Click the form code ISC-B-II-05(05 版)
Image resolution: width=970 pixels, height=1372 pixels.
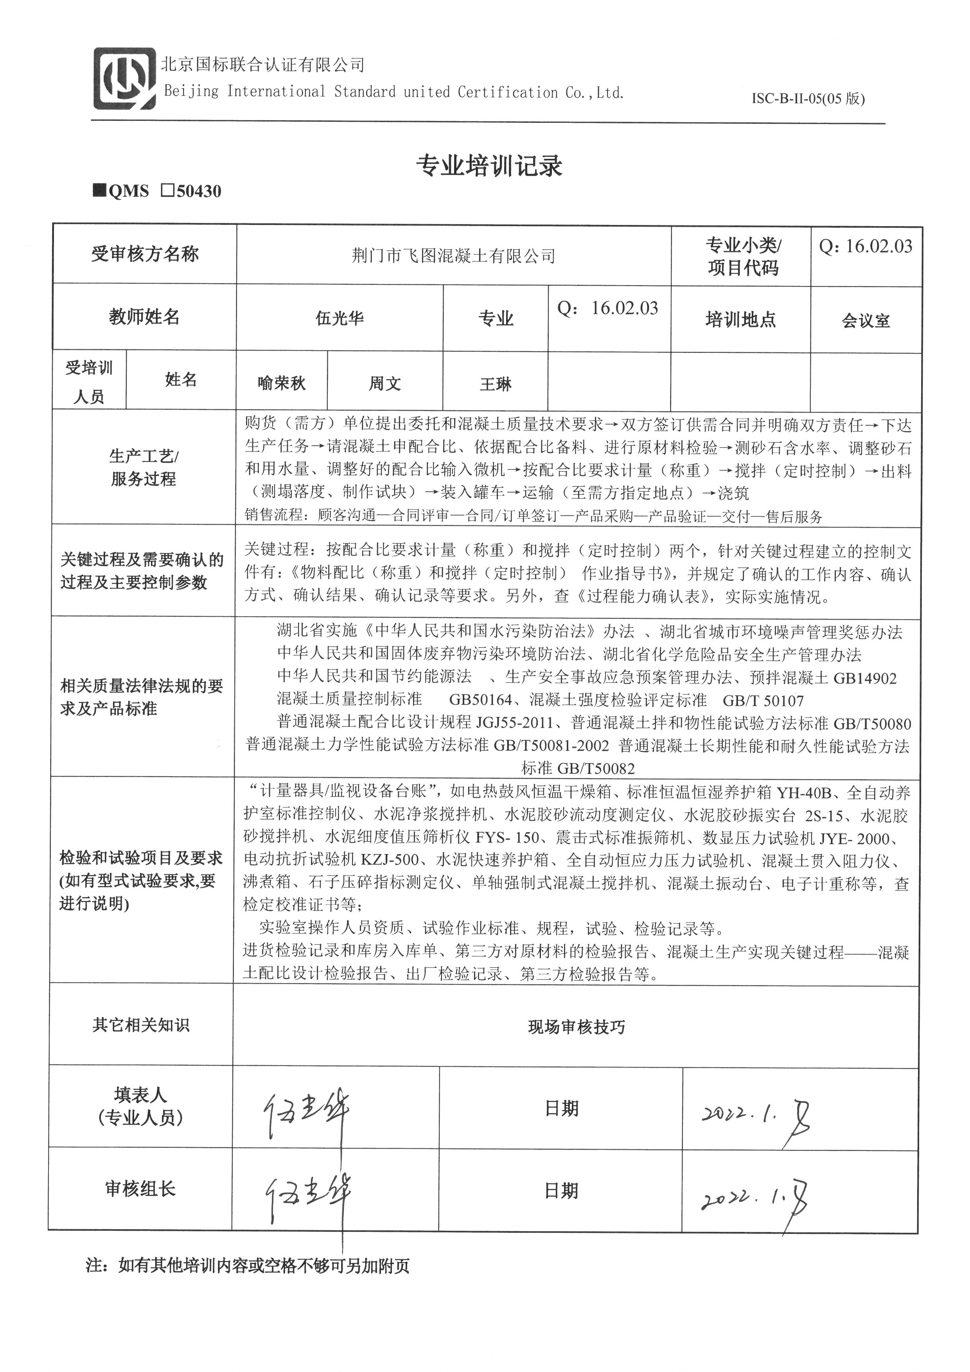pos(808,99)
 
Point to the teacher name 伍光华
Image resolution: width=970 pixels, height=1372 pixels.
pos(339,318)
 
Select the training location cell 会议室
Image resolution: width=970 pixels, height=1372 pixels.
pos(866,321)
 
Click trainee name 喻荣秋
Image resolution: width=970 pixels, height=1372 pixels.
pos(281,383)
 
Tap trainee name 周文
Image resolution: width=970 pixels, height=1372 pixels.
pos(384,383)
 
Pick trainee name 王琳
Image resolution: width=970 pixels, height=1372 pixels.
pos(496,384)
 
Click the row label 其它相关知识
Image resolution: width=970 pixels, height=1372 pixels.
pos(141,1025)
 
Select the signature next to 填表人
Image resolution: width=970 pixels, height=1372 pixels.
pos(306,1111)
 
